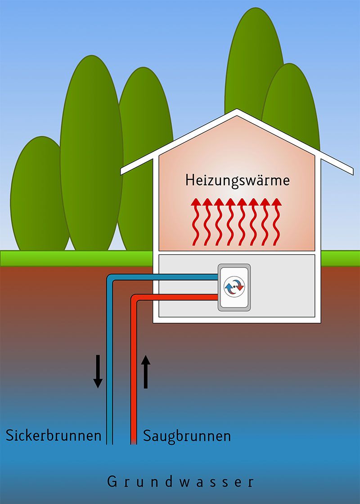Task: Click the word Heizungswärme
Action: (x=237, y=181)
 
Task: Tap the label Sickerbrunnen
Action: (x=53, y=435)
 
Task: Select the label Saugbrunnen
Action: (x=187, y=435)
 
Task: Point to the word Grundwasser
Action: (x=180, y=482)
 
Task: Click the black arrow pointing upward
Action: (x=145, y=371)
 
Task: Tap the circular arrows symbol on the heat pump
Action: (x=234, y=286)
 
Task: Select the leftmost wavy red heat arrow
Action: (x=196, y=222)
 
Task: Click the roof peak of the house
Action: (x=237, y=111)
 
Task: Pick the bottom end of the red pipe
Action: (x=134, y=442)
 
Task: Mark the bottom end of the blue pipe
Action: (x=109, y=442)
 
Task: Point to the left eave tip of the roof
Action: (x=123, y=171)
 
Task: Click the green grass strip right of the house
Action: (x=341, y=258)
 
